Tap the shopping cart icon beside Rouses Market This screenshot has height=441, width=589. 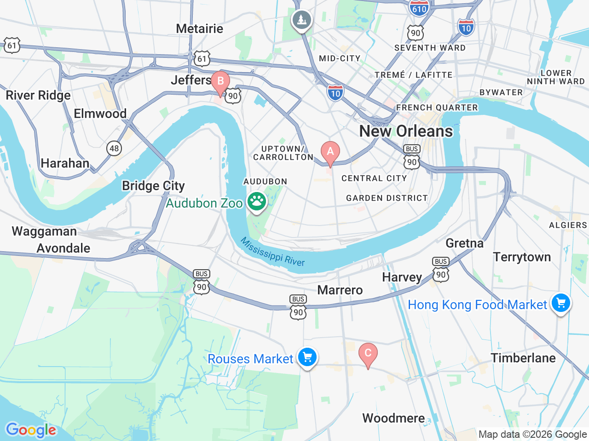307,357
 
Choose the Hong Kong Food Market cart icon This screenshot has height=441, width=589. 561,303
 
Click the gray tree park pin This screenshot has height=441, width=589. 301,20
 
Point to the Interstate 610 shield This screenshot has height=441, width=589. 419,8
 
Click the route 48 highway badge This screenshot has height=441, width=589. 114,148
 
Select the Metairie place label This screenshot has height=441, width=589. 199,28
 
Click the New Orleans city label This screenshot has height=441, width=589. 406,131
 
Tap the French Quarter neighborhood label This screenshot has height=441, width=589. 437,107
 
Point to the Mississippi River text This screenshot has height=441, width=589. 272,252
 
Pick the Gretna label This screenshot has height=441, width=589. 464,243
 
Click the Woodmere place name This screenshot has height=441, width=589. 393,418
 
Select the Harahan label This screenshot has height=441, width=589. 65,163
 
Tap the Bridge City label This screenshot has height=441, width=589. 153,186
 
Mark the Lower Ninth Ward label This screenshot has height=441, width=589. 555,77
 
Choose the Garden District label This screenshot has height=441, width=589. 387,198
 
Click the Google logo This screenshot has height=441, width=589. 31,430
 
